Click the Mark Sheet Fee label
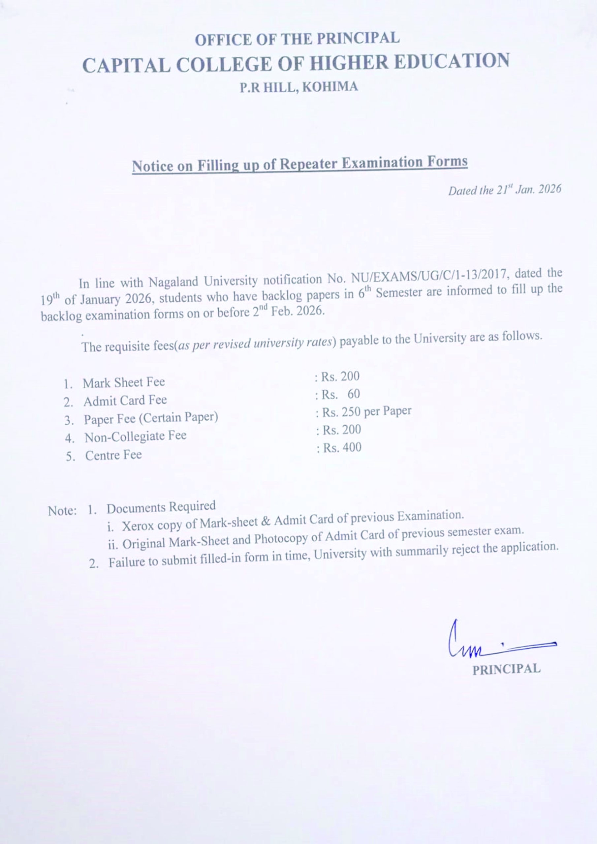(x=124, y=383)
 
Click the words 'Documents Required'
(x=161, y=507)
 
